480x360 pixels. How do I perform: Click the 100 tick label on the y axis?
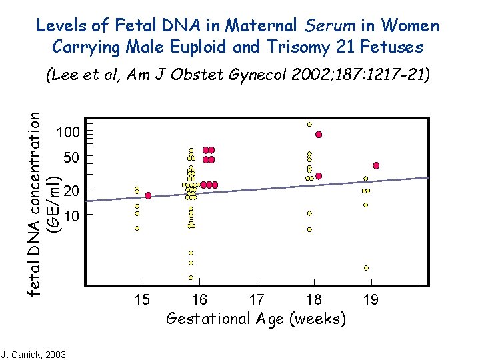[x=69, y=132]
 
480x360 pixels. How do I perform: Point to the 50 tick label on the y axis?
[x=71, y=159]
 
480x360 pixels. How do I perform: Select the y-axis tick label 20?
[x=71, y=191]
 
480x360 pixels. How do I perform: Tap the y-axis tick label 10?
[x=71, y=216]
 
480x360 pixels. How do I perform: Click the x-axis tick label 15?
[x=142, y=300]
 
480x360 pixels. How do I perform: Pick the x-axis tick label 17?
[x=257, y=300]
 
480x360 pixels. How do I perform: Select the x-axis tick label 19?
[x=371, y=300]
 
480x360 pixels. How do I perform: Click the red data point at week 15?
[x=148, y=195]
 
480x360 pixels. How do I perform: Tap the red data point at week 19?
[x=376, y=165]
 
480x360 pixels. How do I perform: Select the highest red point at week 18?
[x=319, y=135]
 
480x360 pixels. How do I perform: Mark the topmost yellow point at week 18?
[x=309, y=124]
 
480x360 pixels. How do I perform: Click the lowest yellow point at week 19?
[x=366, y=267]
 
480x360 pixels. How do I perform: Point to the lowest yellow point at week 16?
[x=191, y=277]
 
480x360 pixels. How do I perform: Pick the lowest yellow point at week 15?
[x=137, y=228]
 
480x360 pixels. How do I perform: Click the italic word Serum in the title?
[x=330, y=26]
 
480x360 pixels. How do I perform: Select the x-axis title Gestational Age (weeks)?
[x=256, y=319]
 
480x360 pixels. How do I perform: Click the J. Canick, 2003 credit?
[x=34, y=354]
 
